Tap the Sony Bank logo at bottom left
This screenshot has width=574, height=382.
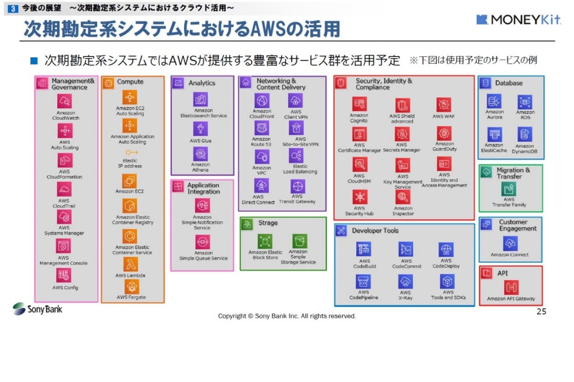[x=38, y=309]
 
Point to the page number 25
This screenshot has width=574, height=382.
[x=541, y=312]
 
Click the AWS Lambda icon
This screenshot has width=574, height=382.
[x=130, y=264]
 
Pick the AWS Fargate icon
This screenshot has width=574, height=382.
[x=130, y=286]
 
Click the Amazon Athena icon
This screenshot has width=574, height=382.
[x=200, y=154]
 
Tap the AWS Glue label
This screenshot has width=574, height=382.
[x=200, y=141]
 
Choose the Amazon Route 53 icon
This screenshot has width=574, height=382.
[x=262, y=128]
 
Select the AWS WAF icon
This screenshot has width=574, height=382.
[x=444, y=105]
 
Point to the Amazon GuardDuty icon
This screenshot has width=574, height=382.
[x=444, y=133]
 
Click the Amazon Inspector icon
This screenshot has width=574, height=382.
[x=403, y=197]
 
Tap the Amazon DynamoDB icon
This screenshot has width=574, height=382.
[x=525, y=135]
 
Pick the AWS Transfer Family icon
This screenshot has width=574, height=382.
[x=508, y=189]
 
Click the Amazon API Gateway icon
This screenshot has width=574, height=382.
[x=511, y=287]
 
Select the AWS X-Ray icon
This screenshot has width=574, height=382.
[x=405, y=282]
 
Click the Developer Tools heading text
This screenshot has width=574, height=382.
[x=375, y=231]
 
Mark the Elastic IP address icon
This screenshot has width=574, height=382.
[x=130, y=152]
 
